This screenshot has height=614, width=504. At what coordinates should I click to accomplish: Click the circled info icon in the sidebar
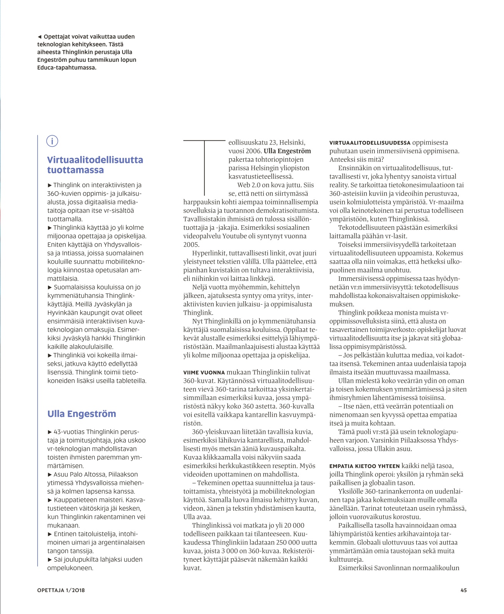point(52,141)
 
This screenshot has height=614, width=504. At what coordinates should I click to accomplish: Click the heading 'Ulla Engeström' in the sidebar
point(81,414)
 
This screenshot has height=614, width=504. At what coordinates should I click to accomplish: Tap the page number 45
point(463,590)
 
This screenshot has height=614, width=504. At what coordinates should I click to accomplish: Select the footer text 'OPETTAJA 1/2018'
point(61,590)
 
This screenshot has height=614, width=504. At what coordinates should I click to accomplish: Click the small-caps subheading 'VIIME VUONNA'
point(204,372)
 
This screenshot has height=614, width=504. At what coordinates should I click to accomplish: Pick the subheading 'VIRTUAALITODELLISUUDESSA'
point(370,143)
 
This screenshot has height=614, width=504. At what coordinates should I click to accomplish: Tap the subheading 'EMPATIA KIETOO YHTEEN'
point(365,466)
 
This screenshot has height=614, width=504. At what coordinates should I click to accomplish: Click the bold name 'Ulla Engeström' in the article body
point(287,151)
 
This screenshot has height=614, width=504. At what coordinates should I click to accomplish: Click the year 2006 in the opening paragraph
point(253,151)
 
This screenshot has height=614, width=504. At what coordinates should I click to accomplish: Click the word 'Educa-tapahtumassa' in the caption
point(66,68)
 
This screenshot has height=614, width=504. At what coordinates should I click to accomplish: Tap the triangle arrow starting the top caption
point(39,37)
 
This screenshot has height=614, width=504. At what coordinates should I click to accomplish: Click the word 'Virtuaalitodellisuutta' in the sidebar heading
point(95,160)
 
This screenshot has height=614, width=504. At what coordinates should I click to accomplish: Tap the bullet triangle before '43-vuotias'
point(50,432)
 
